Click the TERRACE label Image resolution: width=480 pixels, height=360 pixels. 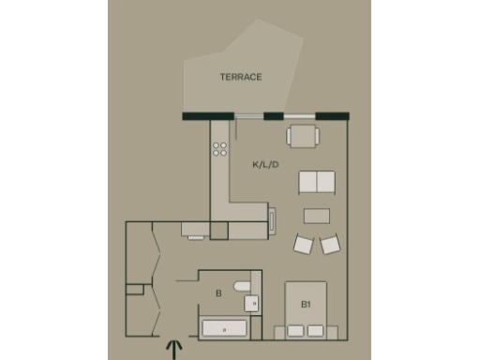241,77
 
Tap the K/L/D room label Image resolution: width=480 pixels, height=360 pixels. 265,164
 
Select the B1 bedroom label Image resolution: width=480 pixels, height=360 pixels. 306,305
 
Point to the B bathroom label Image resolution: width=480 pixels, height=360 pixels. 218,293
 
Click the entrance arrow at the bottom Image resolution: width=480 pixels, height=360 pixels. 174,349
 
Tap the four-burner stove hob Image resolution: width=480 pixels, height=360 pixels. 220,148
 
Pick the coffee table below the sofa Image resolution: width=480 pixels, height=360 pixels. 317,215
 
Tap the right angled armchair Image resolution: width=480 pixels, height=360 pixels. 330,244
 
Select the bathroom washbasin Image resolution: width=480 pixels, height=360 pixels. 252,303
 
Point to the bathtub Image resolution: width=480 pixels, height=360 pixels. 224,329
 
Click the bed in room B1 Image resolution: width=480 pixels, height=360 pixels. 306,309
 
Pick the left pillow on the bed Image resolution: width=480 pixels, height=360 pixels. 294,331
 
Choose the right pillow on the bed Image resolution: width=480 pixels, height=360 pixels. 317,331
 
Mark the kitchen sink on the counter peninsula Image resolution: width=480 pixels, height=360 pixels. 273,221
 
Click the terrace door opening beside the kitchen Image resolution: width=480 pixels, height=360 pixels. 248,116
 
